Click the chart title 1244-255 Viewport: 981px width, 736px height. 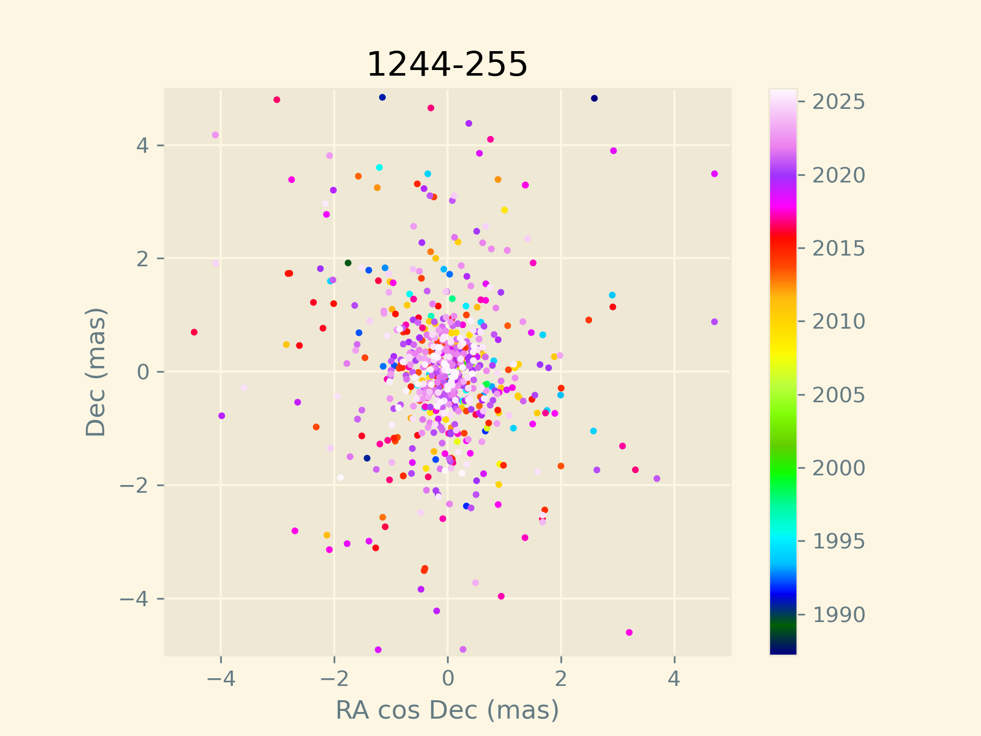pyautogui.click(x=447, y=65)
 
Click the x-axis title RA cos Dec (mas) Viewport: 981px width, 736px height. pyautogui.click(x=447, y=710)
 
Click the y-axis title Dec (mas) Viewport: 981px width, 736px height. pyautogui.click(x=96, y=372)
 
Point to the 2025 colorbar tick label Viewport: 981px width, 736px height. pyautogui.click(x=838, y=102)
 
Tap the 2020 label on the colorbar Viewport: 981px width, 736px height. pyautogui.click(x=838, y=175)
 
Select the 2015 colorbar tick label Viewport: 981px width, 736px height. pyautogui.click(x=838, y=248)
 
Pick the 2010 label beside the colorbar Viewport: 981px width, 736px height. pyautogui.click(x=838, y=321)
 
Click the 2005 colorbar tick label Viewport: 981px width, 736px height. pyautogui.click(x=838, y=395)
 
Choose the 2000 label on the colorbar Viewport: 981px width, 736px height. pyautogui.click(x=838, y=468)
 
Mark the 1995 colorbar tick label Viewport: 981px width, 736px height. pyautogui.click(x=838, y=541)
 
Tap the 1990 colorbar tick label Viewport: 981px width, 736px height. pyautogui.click(x=838, y=614)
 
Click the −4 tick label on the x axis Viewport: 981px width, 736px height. pyautogui.click(x=220, y=679)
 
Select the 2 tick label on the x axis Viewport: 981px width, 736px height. pyautogui.click(x=561, y=679)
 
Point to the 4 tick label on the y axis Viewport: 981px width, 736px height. pyautogui.click(x=143, y=145)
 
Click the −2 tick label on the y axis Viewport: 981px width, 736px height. pyautogui.click(x=134, y=485)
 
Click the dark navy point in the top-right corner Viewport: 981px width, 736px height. pyautogui.click(x=594, y=98)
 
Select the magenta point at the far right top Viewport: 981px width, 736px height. pyautogui.click(x=714, y=174)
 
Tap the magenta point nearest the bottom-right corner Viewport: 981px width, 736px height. pyautogui.click(x=629, y=632)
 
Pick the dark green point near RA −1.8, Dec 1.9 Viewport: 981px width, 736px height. pyautogui.click(x=348, y=263)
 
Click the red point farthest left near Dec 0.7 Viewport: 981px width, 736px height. pyautogui.click(x=194, y=332)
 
